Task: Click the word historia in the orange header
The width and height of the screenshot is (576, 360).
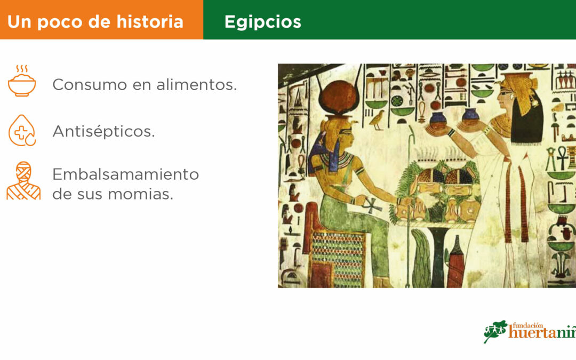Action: coord(150,21)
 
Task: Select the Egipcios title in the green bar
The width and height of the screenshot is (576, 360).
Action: coord(262,22)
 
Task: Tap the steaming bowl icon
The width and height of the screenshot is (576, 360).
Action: coord(22,81)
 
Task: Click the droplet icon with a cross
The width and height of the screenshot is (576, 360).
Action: coord(22,131)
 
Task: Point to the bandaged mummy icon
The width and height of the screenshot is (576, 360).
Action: coord(23,181)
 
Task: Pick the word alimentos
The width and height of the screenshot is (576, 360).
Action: coord(196,85)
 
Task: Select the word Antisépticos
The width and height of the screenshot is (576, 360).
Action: coord(103,132)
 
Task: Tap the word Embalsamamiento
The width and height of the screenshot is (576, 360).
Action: coord(126,174)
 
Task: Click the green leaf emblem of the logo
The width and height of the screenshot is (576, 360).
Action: coord(495,331)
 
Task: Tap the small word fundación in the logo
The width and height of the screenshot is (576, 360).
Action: coord(527,325)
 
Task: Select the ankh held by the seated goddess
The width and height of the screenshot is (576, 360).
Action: coord(372,206)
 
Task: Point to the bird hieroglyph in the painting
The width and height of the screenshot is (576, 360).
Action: coord(377,120)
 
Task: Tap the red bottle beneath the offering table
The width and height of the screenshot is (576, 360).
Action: coord(455,261)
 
